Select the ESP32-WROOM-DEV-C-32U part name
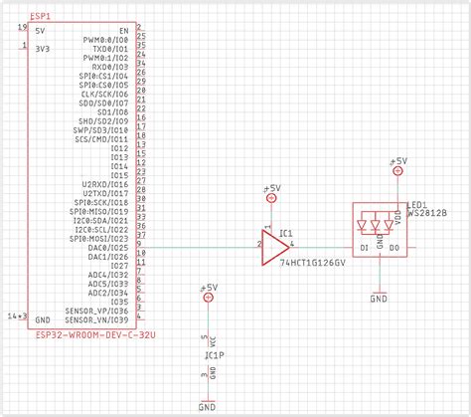point(93,335)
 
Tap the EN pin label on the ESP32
point(123,30)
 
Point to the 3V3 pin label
point(42,48)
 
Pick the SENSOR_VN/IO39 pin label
point(96,320)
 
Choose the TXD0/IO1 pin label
point(108,48)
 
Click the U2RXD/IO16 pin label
point(104,184)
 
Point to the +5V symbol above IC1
point(271,189)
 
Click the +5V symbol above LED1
point(397,161)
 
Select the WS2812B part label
point(428,213)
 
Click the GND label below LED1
point(379,297)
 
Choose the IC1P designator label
point(213,353)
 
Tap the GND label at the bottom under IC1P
point(207,407)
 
